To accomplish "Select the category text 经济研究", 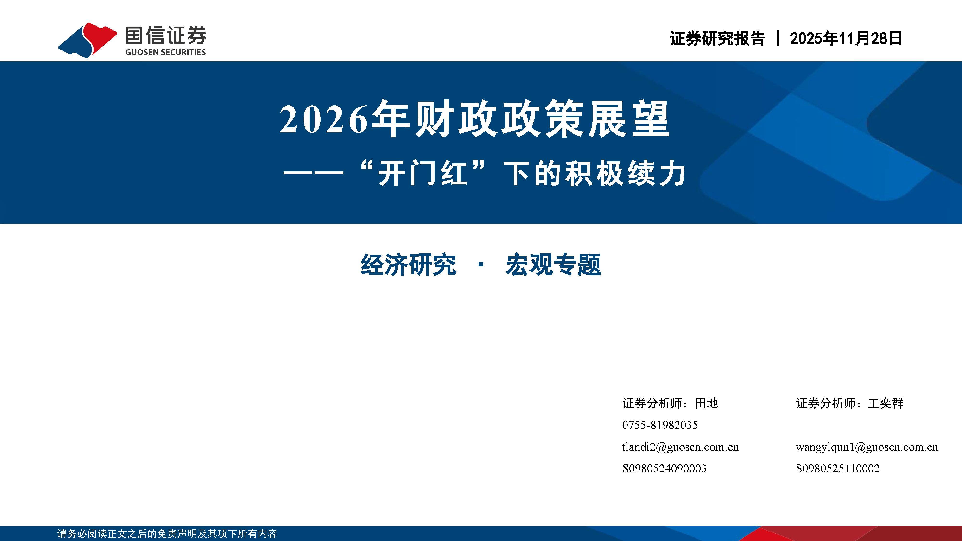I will [x=408, y=265].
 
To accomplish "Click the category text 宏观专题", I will [x=553, y=265].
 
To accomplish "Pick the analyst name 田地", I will [x=706, y=403].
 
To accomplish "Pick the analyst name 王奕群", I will [x=886, y=403].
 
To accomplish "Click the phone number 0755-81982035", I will [x=660, y=425].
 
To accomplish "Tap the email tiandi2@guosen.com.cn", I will [x=680, y=447].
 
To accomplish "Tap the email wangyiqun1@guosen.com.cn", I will [x=866, y=447].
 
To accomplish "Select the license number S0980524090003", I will [x=664, y=468].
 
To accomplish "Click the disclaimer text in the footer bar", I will [x=167, y=534].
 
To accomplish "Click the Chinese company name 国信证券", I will [x=165, y=36].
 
